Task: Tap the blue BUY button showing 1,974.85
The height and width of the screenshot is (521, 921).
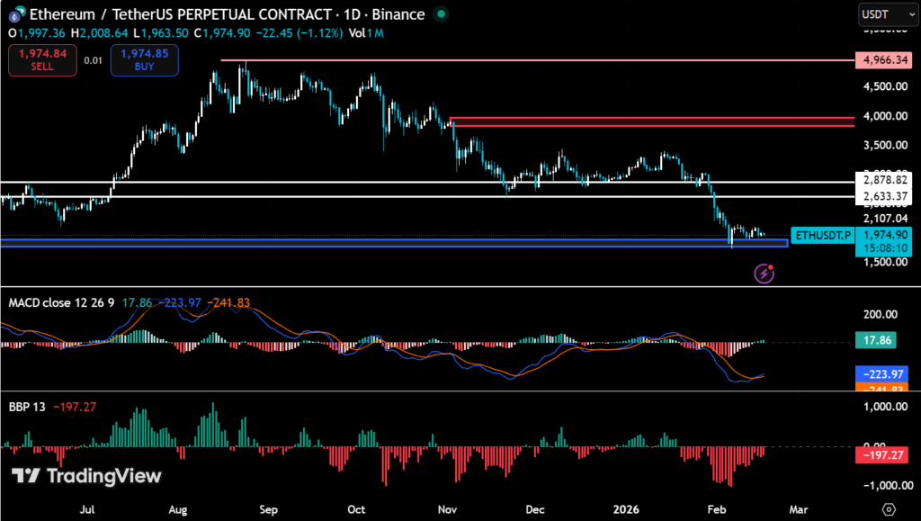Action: [145, 60]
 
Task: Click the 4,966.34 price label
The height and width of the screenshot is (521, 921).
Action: [880, 60]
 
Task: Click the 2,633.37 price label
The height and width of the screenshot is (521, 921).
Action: [880, 196]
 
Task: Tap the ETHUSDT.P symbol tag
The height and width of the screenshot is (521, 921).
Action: [820, 235]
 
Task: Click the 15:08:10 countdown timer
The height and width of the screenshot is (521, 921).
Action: [880, 247]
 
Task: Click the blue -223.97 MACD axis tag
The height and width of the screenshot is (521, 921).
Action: [880, 373]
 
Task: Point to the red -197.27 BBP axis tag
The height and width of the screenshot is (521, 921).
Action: [880, 457]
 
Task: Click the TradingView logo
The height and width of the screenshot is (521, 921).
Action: [86, 476]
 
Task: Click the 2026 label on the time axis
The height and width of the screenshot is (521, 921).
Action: [626, 508]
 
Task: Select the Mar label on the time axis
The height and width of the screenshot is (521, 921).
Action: [799, 508]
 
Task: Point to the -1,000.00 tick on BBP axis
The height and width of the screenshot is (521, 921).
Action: [881, 485]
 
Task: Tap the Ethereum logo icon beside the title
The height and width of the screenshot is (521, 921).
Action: [16, 14]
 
